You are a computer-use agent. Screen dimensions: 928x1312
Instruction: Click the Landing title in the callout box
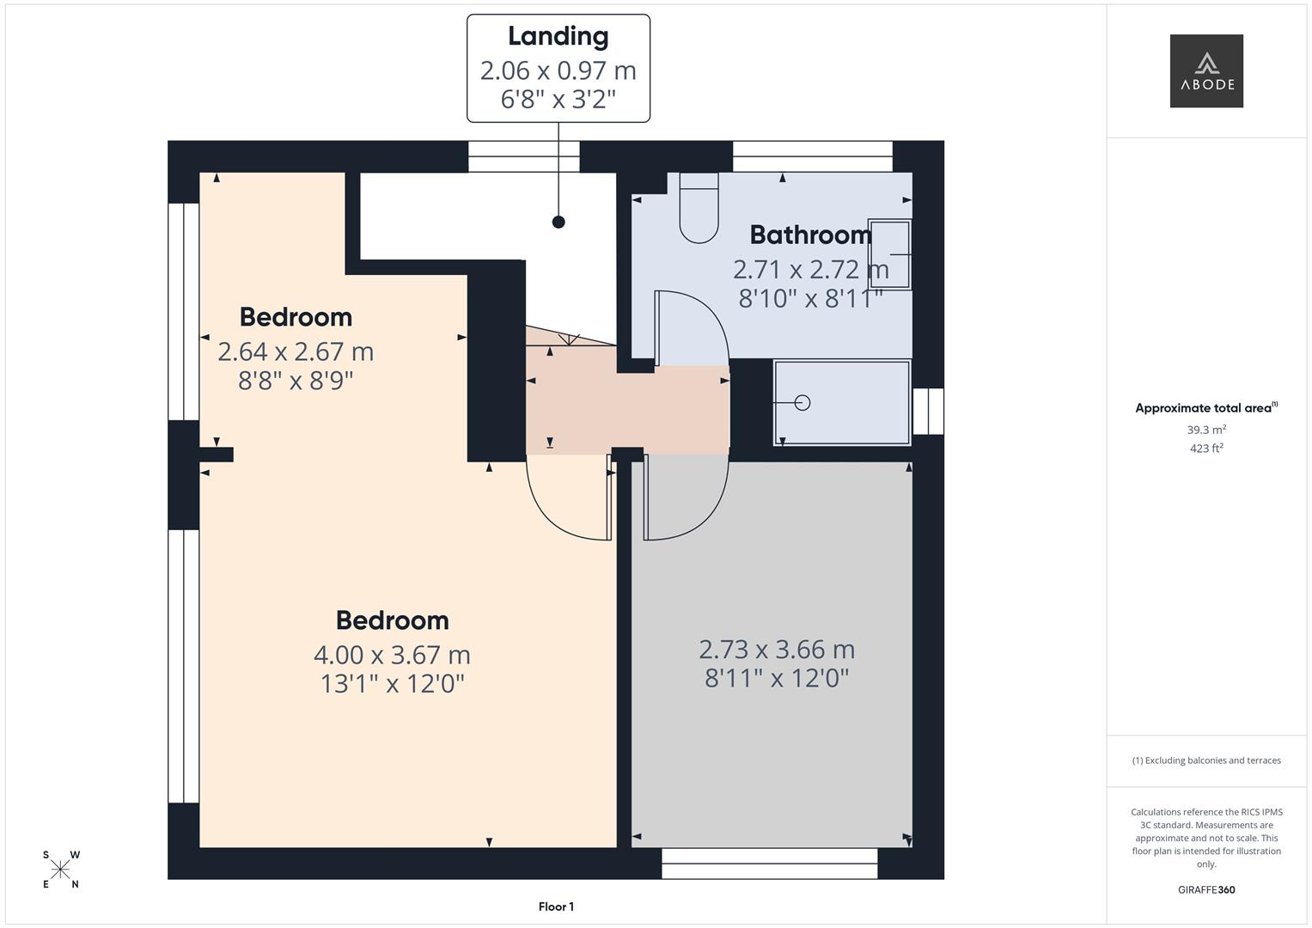click(x=558, y=36)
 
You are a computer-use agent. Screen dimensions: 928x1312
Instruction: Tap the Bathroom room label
click(x=810, y=235)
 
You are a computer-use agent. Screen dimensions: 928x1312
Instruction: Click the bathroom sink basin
click(x=889, y=254)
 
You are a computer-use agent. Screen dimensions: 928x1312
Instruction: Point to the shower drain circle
click(x=802, y=402)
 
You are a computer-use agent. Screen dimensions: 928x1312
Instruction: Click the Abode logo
click(x=1206, y=71)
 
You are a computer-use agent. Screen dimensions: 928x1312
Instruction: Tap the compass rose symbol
click(x=61, y=870)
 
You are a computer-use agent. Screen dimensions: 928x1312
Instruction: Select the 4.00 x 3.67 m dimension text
click(x=392, y=655)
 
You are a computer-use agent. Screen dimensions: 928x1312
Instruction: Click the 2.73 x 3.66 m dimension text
click(x=777, y=649)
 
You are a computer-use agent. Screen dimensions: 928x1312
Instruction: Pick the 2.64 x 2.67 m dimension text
click(x=296, y=351)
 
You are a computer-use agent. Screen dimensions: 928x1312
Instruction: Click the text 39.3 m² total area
click(x=1206, y=430)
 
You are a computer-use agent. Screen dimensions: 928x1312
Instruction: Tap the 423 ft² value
click(x=1206, y=449)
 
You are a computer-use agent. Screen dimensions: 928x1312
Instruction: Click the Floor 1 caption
click(x=556, y=907)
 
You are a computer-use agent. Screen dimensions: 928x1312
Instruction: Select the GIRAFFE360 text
click(x=1206, y=890)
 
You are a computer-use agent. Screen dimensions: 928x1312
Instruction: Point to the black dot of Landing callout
click(x=558, y=222)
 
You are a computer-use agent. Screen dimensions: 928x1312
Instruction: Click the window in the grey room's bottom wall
click(x=770, y=863)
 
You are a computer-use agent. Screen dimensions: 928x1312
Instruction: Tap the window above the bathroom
click(x=812, y=156)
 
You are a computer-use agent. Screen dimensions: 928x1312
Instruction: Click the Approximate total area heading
click(x=1205, y=408)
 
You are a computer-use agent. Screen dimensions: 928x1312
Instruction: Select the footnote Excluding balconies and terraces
click(x=1206, y=760)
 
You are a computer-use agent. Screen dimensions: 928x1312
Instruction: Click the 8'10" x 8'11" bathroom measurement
click(x=810, y=298)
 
